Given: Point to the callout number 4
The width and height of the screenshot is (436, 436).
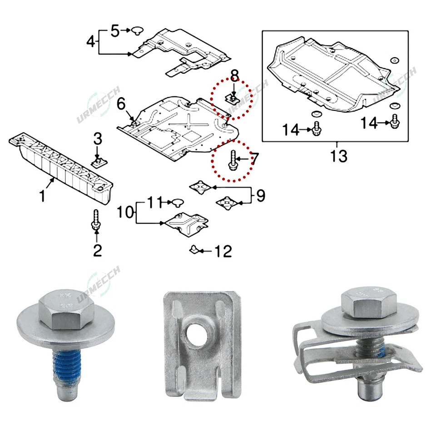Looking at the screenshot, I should pos(91,42).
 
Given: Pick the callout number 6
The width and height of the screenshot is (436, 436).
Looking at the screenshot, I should pos(121,104).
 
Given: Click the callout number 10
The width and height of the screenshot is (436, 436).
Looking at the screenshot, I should pos(125,212).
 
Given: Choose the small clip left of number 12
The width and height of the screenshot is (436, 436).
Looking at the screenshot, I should pos(194,249).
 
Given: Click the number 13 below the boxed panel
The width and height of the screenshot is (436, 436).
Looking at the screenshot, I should pos(339,156).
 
